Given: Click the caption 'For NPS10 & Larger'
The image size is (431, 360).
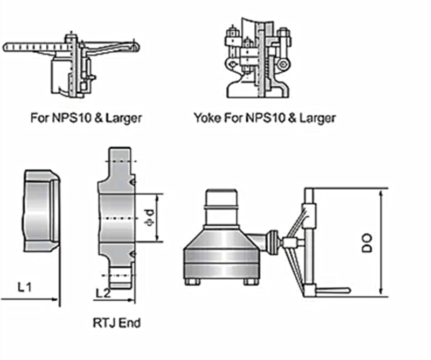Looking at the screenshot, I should (86, 117).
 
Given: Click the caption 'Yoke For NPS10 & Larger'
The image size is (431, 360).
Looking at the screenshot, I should (264, 117).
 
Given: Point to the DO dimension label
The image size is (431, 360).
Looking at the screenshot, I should (368, 243).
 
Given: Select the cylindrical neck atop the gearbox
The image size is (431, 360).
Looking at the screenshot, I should (221, 207).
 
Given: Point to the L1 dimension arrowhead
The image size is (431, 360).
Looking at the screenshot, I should (54, 298).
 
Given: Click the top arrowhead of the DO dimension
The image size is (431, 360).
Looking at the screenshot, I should (381, 191).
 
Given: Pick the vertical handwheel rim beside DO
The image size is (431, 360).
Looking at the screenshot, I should (310, 243).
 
